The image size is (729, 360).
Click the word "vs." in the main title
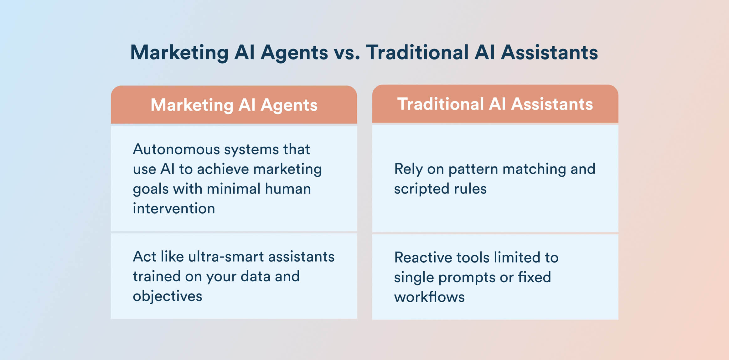(347, 53)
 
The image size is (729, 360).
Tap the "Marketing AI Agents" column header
(234, 105)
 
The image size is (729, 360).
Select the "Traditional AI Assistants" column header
(495, 104)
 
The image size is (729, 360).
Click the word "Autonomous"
(176, 149)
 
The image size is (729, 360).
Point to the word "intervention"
(174, 208)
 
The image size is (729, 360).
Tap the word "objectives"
(168, 296)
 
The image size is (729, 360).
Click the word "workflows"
(429, 297)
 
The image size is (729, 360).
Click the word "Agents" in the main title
(294, 53)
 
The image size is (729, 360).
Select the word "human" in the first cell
(288, 189)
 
